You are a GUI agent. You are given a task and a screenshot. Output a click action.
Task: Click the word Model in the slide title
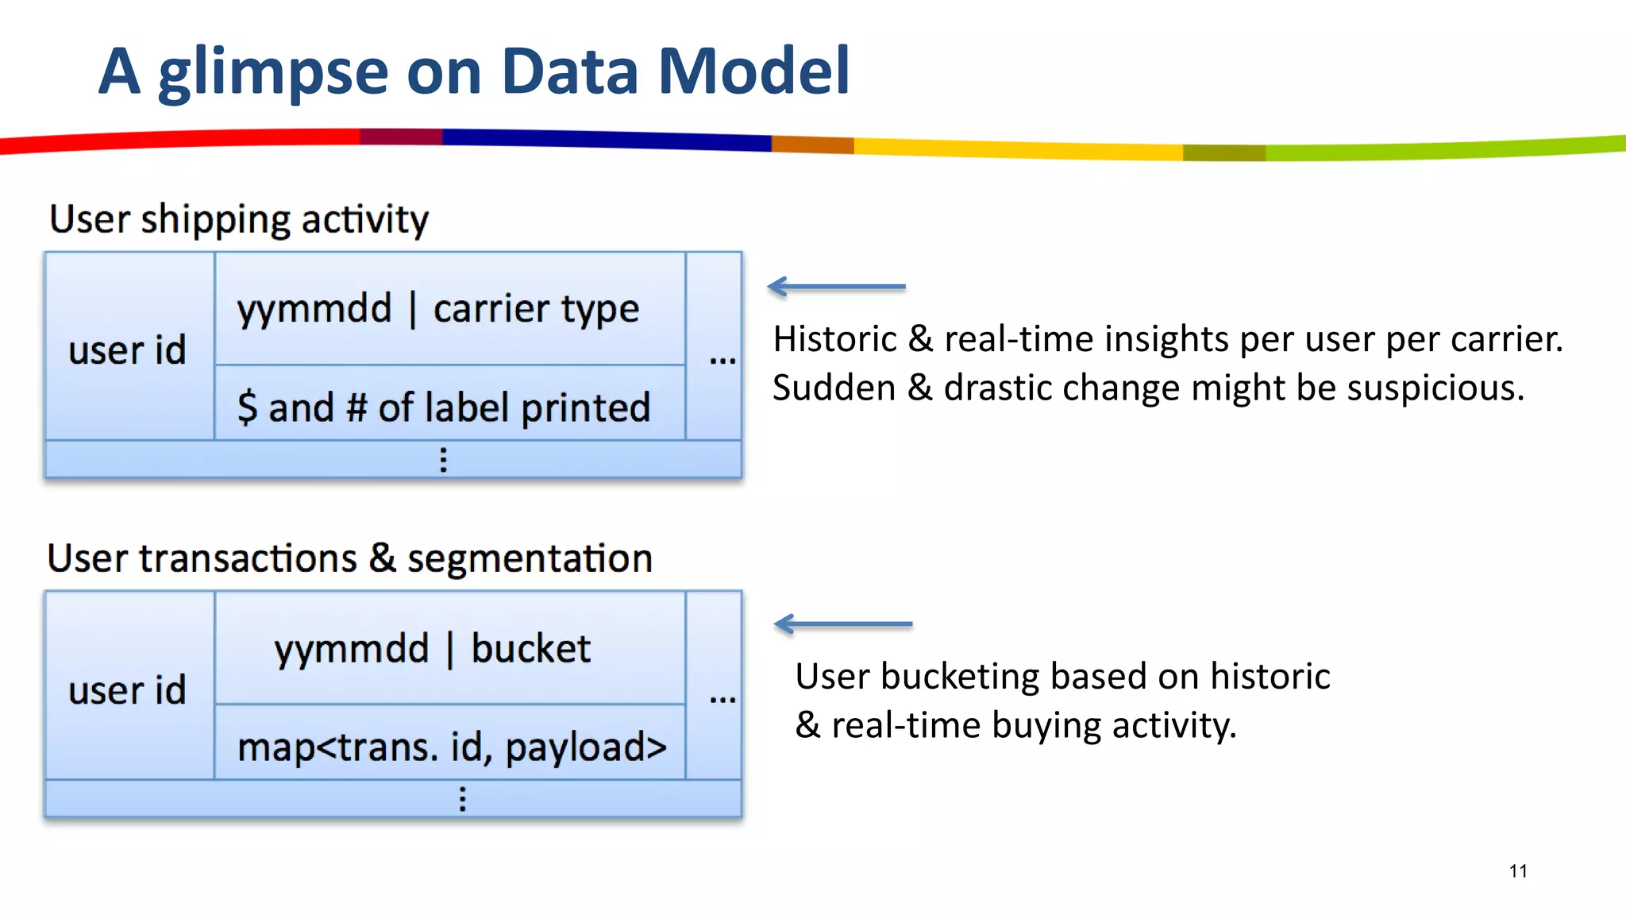tap(753, 71)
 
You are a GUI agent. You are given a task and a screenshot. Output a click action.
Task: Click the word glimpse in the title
tap(273, 73)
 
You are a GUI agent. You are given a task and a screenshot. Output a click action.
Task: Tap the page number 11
tap(1518, 871)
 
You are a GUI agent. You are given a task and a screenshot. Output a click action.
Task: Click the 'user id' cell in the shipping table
tap(128, 349)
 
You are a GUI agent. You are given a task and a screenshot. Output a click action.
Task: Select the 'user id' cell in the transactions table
tap(128, 689)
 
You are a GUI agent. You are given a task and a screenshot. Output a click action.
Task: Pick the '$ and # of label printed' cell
tap(444, 407)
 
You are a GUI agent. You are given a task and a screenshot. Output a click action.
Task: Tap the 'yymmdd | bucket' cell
tap(433, 648)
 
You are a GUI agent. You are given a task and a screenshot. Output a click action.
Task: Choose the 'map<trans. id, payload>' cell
tap(452, 747)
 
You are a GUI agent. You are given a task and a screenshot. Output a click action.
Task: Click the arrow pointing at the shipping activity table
tap(836, 287)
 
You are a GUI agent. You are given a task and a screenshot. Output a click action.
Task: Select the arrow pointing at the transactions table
tap(843, 624)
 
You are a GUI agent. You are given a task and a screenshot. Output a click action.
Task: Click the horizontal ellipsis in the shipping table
tap(722, 361)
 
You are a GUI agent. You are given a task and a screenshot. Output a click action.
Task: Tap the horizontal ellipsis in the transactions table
tap(722, 700)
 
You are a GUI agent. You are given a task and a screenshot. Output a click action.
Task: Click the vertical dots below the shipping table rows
tap(444, 460)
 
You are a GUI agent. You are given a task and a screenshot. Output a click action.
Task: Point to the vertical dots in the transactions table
tap(463, 798)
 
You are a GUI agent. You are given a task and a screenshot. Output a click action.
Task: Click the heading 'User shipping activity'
tap(239, 219)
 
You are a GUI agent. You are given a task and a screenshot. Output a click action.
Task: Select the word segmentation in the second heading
tap(530, 558)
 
